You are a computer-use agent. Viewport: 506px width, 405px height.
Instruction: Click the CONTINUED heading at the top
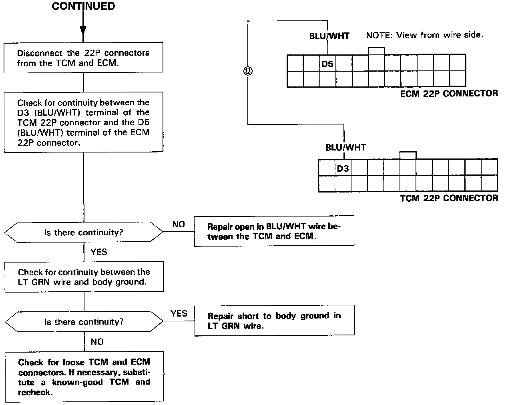83,6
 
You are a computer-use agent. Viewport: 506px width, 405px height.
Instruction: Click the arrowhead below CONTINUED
83,30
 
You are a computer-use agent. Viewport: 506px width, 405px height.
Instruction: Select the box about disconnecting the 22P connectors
83,58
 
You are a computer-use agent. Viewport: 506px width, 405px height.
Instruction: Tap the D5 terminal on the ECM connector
327,64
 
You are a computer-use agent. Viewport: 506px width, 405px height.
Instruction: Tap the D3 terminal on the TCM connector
343,168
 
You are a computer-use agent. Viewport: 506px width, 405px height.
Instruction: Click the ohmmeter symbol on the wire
248,71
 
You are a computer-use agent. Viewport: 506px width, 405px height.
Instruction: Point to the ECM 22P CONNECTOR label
449,94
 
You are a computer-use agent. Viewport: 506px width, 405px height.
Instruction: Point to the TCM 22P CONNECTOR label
449,198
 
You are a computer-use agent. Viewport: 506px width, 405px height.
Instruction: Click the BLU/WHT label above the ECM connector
329,36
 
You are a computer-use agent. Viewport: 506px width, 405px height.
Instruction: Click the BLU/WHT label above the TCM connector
345,147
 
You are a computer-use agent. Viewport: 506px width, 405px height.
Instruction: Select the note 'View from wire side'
424,35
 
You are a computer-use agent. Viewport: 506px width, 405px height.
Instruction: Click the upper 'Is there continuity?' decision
83,233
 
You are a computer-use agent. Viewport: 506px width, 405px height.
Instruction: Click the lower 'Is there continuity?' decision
83,322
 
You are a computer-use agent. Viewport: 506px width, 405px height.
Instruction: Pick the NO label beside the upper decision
179,224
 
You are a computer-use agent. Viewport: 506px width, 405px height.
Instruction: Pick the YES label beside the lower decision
179,313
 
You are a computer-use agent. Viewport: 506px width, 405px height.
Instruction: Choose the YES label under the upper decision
98,252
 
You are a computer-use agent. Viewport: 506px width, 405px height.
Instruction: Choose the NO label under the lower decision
97,342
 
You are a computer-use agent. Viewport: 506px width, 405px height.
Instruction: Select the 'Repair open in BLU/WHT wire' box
274,231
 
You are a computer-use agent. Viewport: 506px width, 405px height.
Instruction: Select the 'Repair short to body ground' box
274,321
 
